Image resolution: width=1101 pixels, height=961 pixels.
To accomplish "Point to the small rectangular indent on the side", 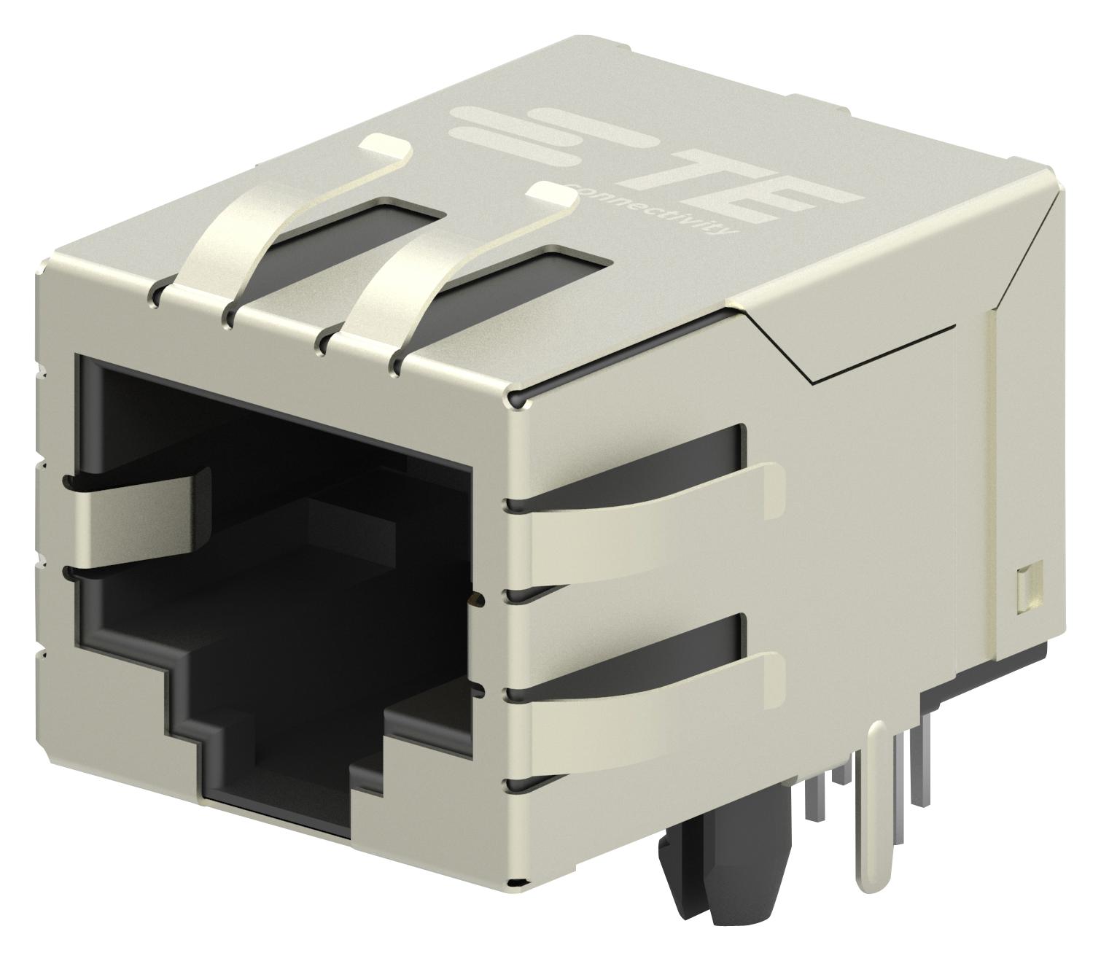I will point(1022,587).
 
